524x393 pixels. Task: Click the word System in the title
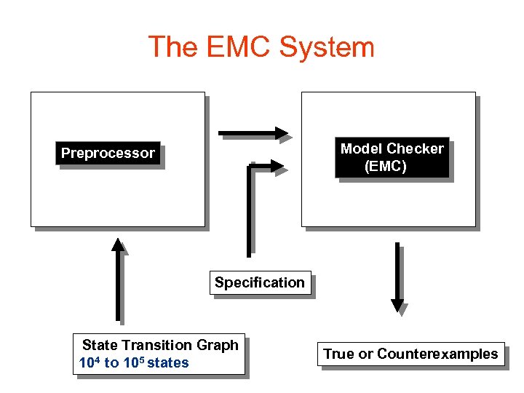[x=327, y=47]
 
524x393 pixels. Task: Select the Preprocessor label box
[x=108, y=154]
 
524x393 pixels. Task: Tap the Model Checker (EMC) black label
[x=392, y=158]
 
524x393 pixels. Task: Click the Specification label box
[x=260, y=282]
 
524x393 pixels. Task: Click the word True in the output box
[x=338, y=354]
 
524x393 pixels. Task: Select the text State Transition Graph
[x=160, y=345]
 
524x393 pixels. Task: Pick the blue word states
[x=168, y=362]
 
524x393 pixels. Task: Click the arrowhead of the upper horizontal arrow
[x=282, y=133]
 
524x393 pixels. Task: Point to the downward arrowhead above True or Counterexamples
[x=397, y=305]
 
